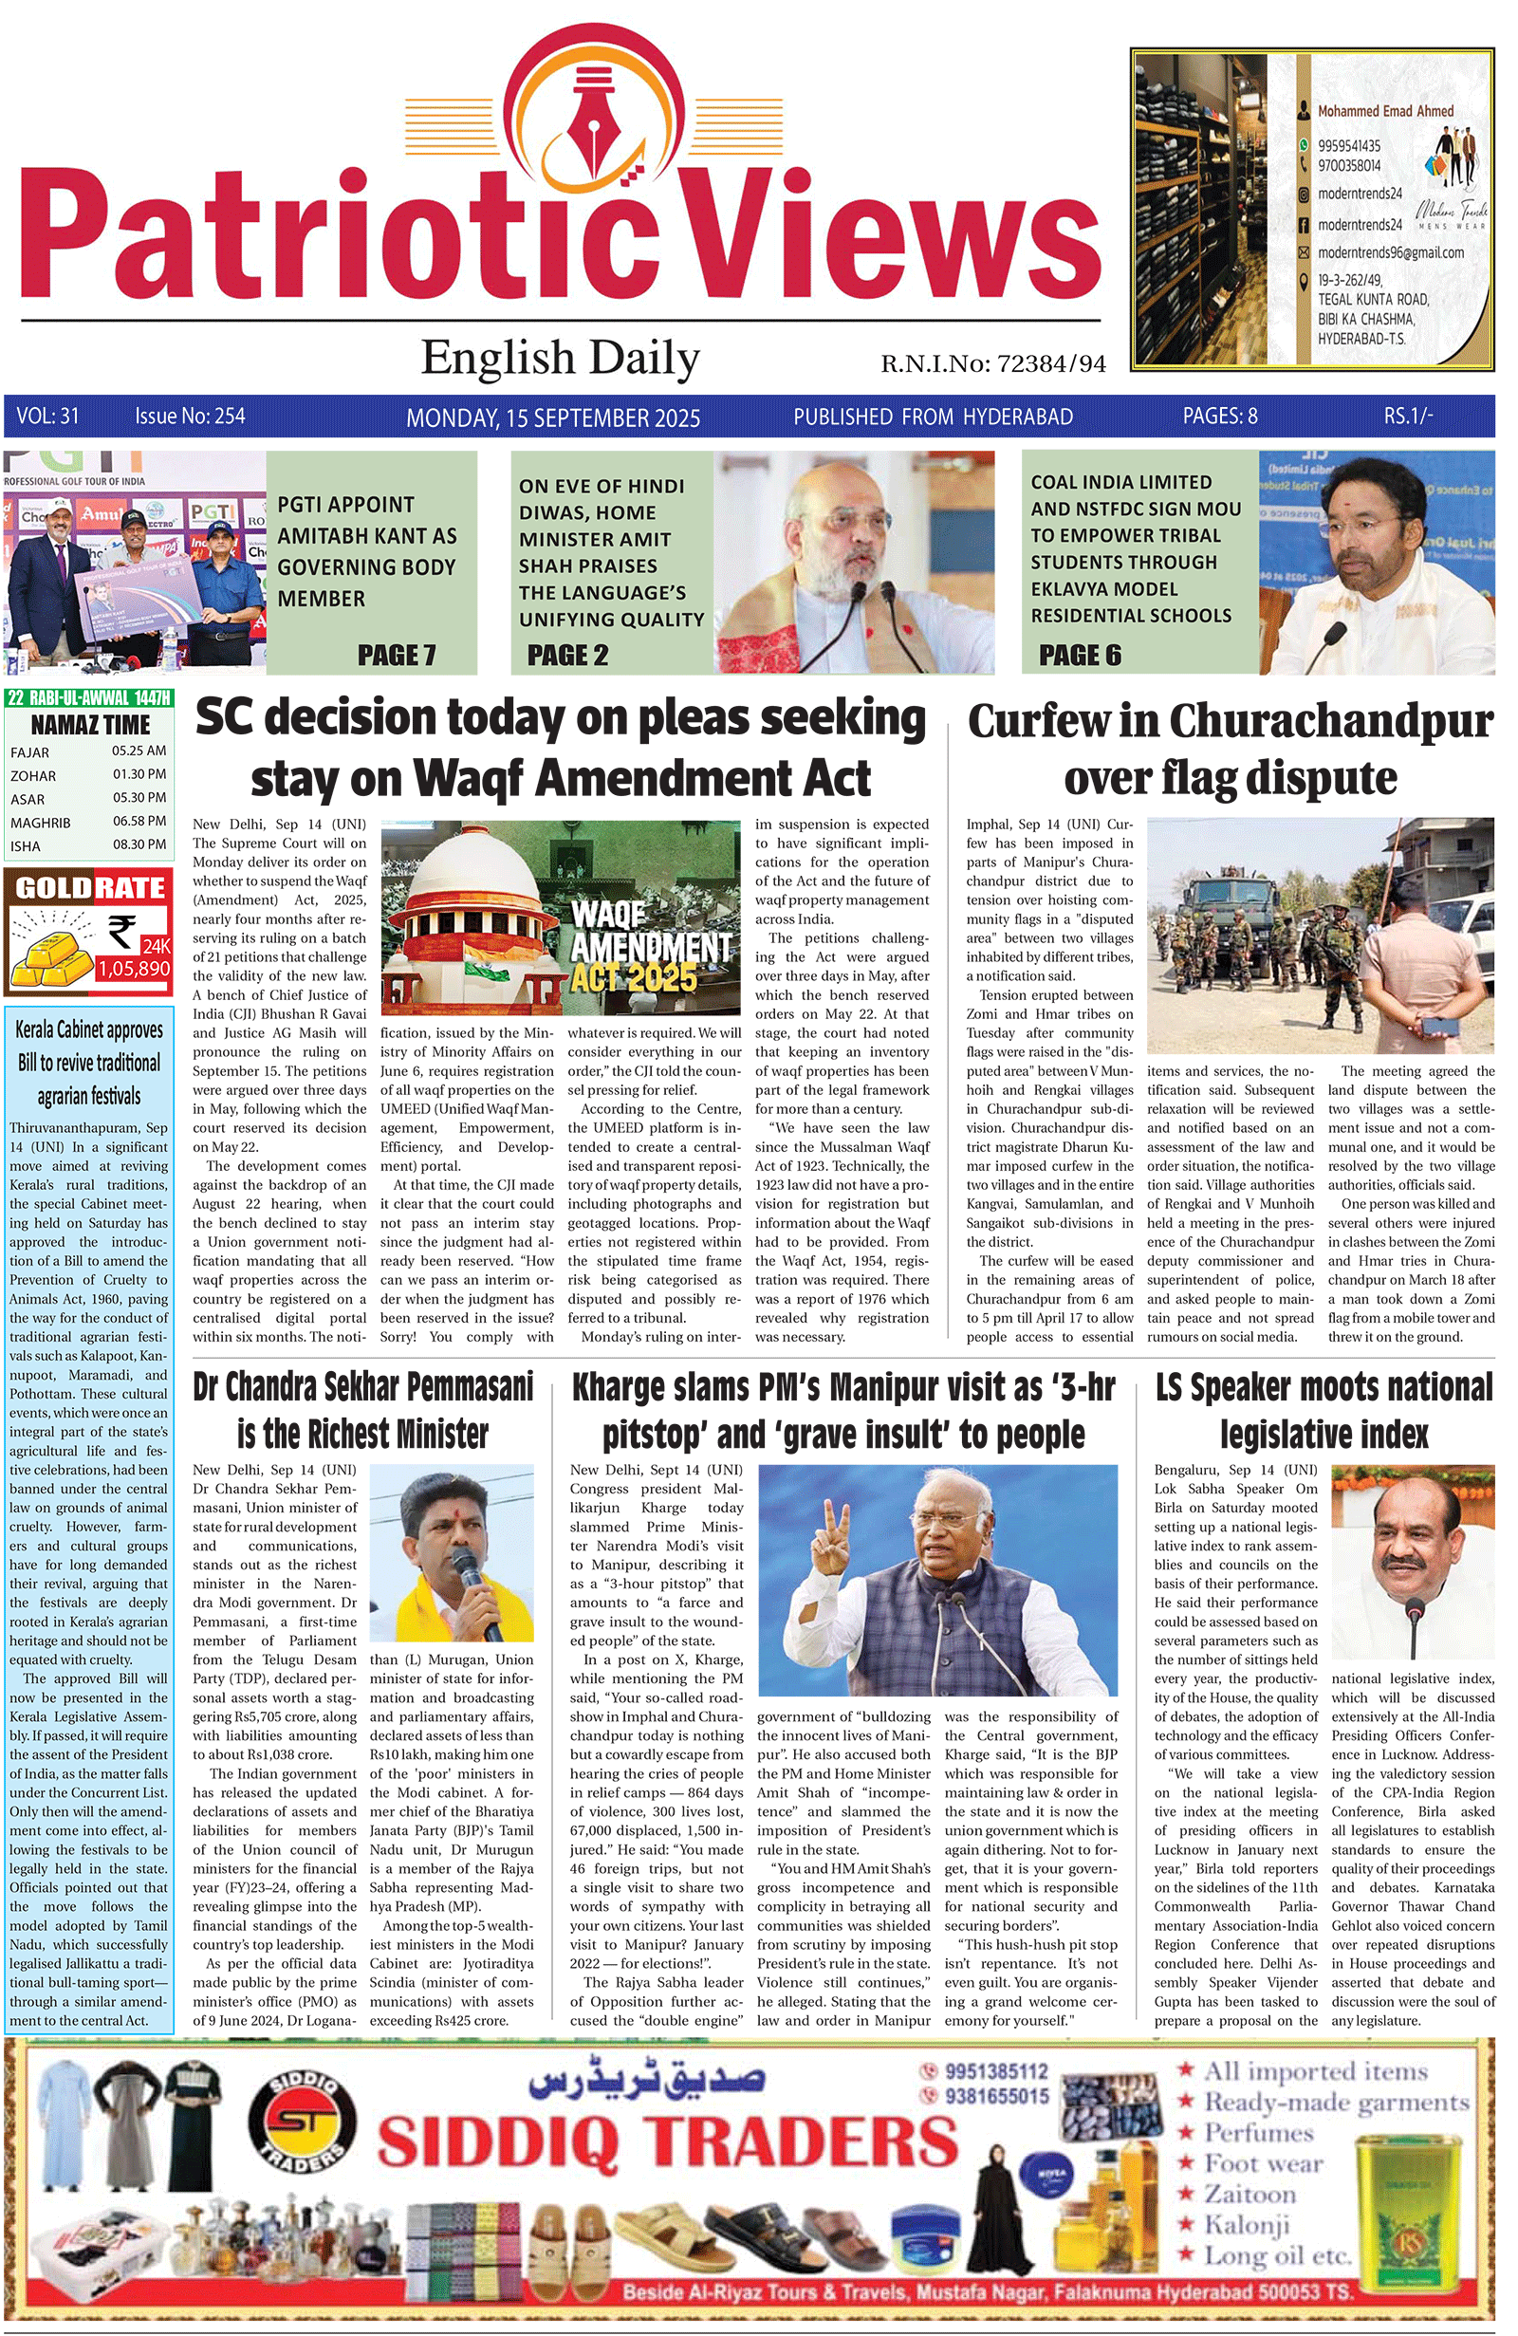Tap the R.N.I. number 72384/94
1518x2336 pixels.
tap(1050, 364)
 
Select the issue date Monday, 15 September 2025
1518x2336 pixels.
tap(552, 418)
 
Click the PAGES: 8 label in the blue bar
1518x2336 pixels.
tap(1219, 417)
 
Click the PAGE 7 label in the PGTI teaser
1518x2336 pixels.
tap(397, 655)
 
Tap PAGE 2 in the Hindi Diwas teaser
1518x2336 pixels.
tap(567, 655)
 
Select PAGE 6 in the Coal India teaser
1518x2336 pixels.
tap(1079, 655)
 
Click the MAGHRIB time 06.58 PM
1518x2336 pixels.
tap(139, 821)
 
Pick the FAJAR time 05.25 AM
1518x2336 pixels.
tap(139, 751)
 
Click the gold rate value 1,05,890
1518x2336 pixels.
tap(134, 969)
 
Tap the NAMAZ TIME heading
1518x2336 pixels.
tap(90, 725)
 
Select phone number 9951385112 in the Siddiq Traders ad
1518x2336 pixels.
tap(995, 2071)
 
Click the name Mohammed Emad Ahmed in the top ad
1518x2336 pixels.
tap(1384, 111)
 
